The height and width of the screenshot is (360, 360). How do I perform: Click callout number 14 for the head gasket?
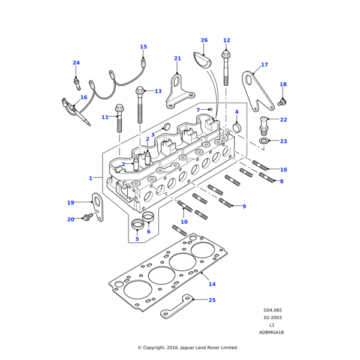212,284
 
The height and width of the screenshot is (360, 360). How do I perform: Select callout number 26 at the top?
204,40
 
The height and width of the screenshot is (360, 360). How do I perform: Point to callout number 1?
91,178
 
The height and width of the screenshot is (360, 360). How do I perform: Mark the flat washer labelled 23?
263,141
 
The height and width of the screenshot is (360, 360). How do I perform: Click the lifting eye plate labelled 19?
97,206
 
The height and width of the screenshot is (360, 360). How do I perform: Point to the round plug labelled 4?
236,127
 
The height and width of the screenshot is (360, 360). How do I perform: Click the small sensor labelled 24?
77,80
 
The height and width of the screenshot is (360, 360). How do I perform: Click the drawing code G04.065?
272,310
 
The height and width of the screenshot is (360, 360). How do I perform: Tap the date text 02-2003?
272,317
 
